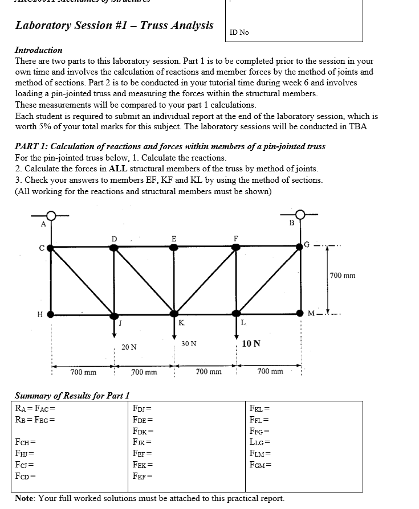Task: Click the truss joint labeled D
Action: [115, 248]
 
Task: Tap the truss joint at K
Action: [174, 314]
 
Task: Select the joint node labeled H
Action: [51, 314]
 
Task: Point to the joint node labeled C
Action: [51, 248]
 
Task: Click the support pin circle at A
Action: [51, 216]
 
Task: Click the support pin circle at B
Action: [300, 216]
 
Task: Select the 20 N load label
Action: [129, 347]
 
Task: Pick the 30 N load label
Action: [189, 344]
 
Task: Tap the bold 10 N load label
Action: [251, 343]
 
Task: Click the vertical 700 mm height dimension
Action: [342, 276]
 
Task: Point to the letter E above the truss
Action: [173, 237]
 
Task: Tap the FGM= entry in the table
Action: [261, 464]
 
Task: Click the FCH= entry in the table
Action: [26, 442]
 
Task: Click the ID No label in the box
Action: [239, 32]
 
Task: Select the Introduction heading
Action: [39, 50]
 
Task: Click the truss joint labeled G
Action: [300, 247]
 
